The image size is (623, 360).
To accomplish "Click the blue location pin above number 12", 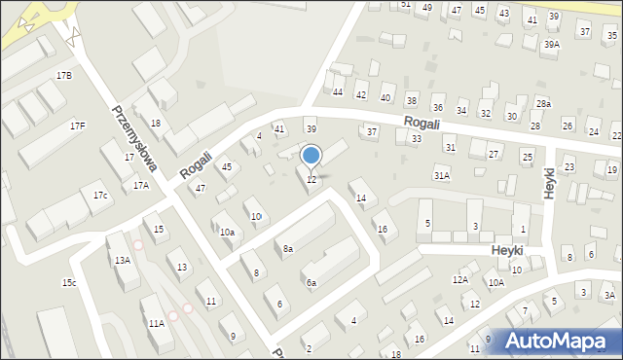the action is [311, 157].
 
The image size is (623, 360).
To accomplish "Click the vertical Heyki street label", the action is [549, 182].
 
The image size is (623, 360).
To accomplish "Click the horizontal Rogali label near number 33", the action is [422, 122].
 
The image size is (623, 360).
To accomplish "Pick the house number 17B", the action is [63, 75].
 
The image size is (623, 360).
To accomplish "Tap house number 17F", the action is [77, 126].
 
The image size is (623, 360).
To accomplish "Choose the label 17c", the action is [100, 196].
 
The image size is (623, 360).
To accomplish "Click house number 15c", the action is [69, 283].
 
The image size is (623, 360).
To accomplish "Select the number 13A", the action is [122, 260].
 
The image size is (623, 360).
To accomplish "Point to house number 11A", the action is [156, 323].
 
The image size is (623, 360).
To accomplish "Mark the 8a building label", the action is [288, 250].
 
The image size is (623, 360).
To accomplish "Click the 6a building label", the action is [311, 283].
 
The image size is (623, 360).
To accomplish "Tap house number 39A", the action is [552, 45].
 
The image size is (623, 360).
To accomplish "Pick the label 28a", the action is [543, 104].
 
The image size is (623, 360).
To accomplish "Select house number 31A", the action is [442, 176].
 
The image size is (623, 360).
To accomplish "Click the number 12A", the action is [459, 280].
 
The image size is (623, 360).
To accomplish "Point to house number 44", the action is [338, 92].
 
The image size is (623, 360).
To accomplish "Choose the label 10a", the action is [227, 233].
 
